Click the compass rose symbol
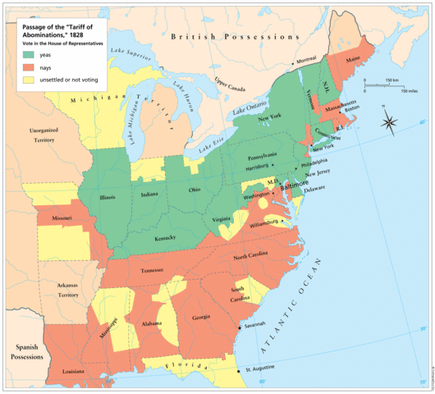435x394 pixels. pos(391,124)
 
